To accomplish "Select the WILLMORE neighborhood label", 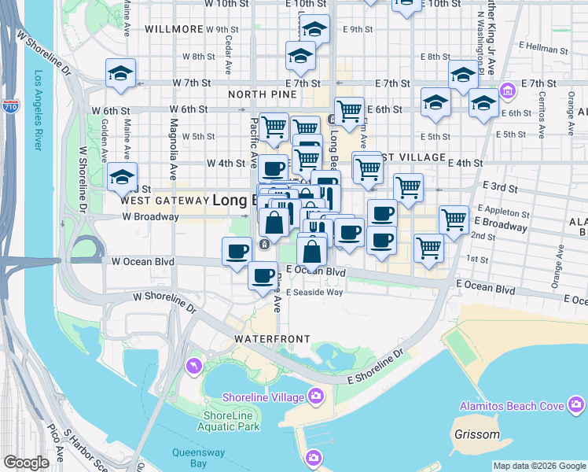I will tap(175, 29).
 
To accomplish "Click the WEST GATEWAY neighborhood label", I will tap(163, 201).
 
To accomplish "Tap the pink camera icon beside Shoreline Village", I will tap(315, 395).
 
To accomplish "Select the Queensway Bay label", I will tap(189, 458).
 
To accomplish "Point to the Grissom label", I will tap(477, 434).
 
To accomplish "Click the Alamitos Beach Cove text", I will tap(512, 406).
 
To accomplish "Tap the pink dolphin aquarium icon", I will tap(193, 366).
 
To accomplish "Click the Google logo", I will tap(27, 463).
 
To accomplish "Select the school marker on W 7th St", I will tap(120, 74).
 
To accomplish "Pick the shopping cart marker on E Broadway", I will tap(454, 220).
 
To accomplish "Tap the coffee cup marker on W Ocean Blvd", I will tap(237, 252).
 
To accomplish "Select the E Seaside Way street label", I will tap(314, 293).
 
